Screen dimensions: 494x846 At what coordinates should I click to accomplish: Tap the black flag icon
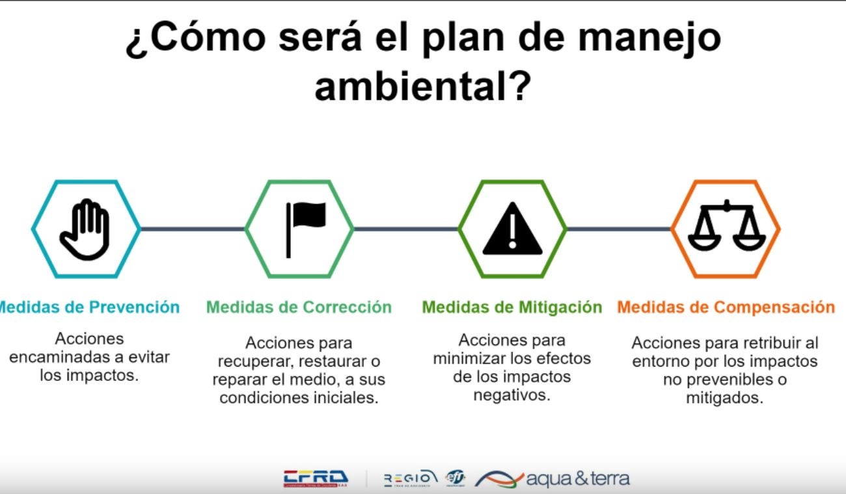pyautogui.click(x=305, y=229)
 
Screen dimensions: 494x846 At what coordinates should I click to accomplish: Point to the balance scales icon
pyautogui.click(x=726, y=227)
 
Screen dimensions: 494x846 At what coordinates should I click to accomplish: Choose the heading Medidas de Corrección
pyautogui.click(x=299, y=307)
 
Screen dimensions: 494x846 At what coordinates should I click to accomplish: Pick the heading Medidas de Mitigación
pyautogui.click(x=512, y=307)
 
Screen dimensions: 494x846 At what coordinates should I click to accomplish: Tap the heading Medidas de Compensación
pyautogui.click(x=726, y=307)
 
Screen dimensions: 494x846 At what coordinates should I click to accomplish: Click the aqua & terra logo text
pyautogui.click(x=577, y=480)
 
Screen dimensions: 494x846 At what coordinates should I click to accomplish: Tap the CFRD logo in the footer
pyautogui.click(x=316, y=479)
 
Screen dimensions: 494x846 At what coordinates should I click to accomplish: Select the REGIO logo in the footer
pyautogui.click(x=411, y=478)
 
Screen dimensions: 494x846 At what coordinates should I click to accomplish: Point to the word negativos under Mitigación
pyautogui.click(x=512, y=395)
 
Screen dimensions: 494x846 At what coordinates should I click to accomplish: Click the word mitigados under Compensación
pyautogui.click(x=724, y=398)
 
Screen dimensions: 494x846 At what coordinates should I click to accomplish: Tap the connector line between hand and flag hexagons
pyautogui.click(x=193, y=229)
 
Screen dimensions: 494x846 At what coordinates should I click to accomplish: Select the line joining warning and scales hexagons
pyautogui.click(x=619, y=229)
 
